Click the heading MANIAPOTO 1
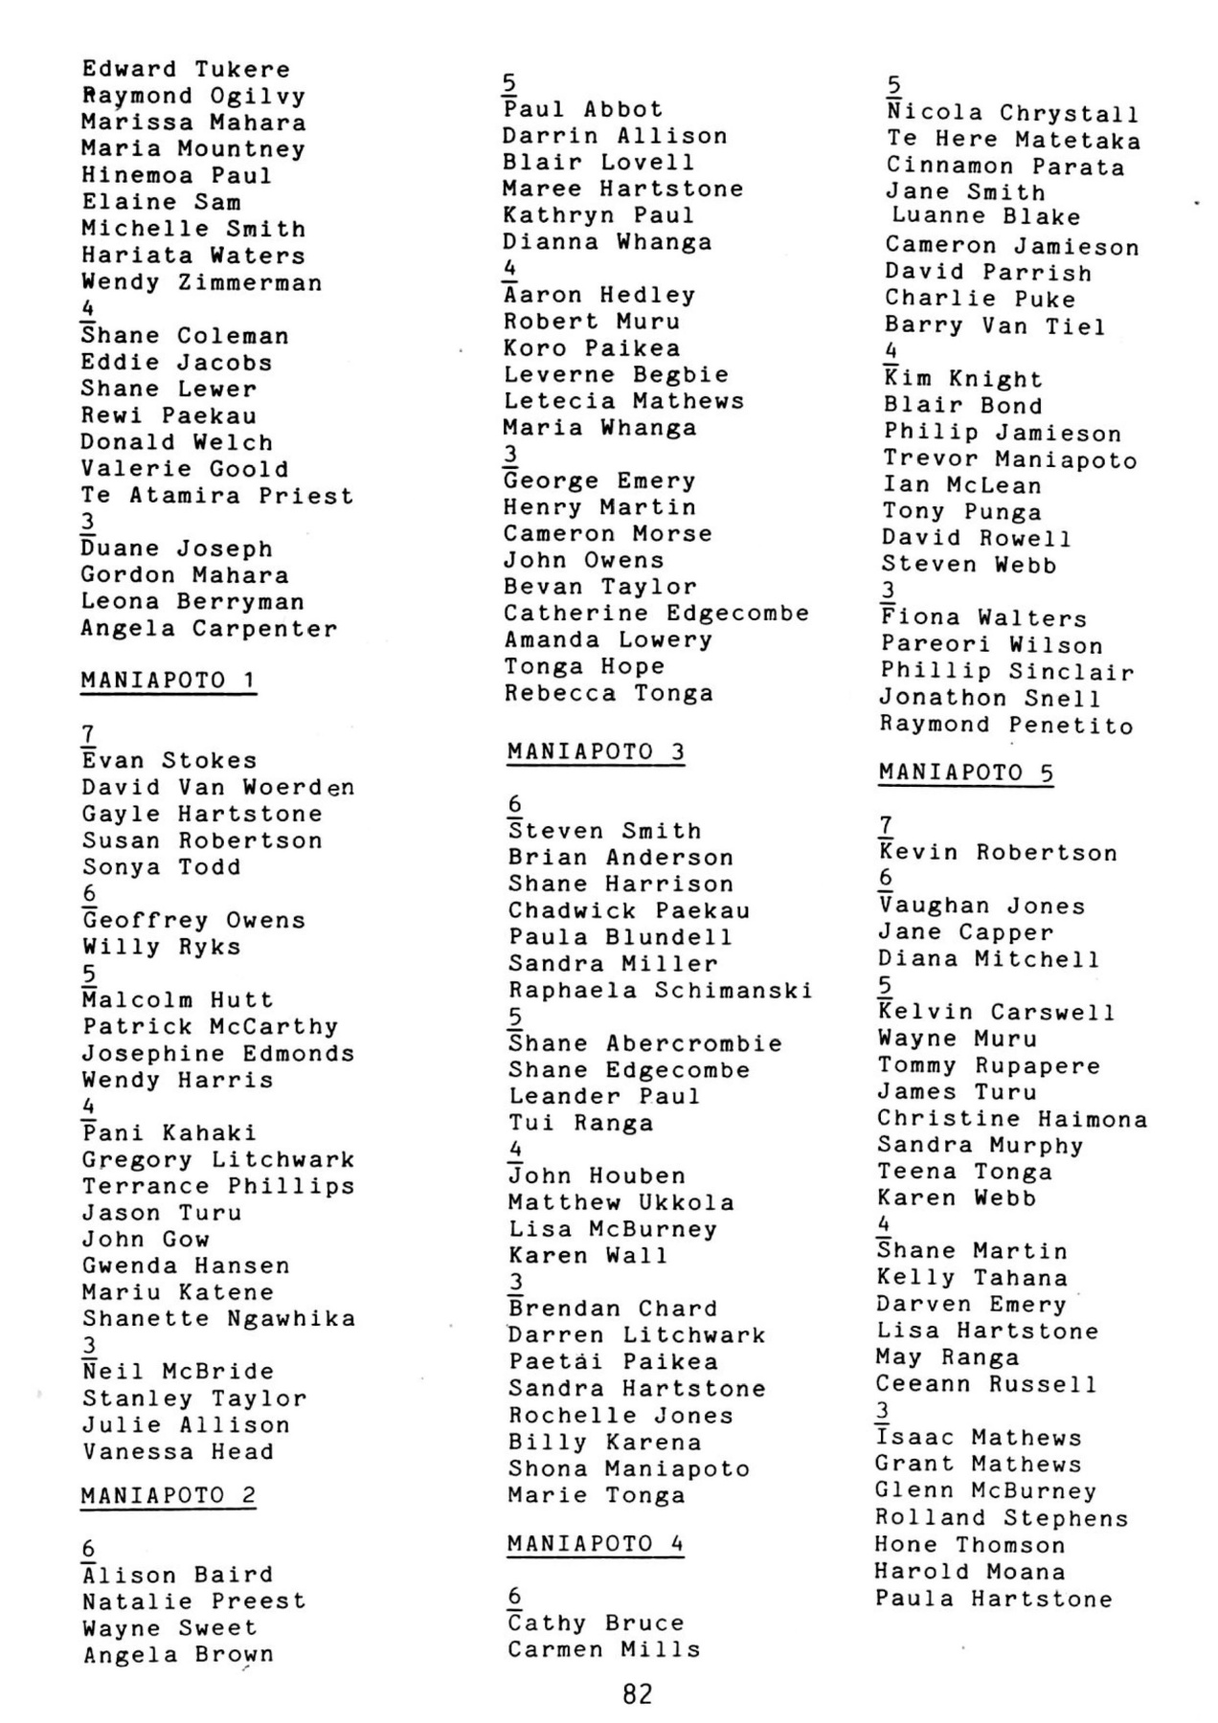coord(169,681)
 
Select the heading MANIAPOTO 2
coord(169,1495)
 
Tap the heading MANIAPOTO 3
coord(596,751)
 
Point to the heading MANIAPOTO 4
coord(596,1543)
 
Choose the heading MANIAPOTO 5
coord(965,772)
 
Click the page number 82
coord(637,1694)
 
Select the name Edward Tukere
coord(185,69)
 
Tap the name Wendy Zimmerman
coord(201,282)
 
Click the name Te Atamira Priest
coord(217,496)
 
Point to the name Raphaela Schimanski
coord(660,990)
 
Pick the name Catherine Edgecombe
coord(657,613)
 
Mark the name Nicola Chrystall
coord(1013,114)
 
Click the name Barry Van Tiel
coord(995,326)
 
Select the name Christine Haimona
coord(1012,1118)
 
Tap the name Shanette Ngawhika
coord(218,1318)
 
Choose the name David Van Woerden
coord(218,787)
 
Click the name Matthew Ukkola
coord(621,1202)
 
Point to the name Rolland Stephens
coord(1002,1518)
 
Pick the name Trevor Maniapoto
coord(1010,459)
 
